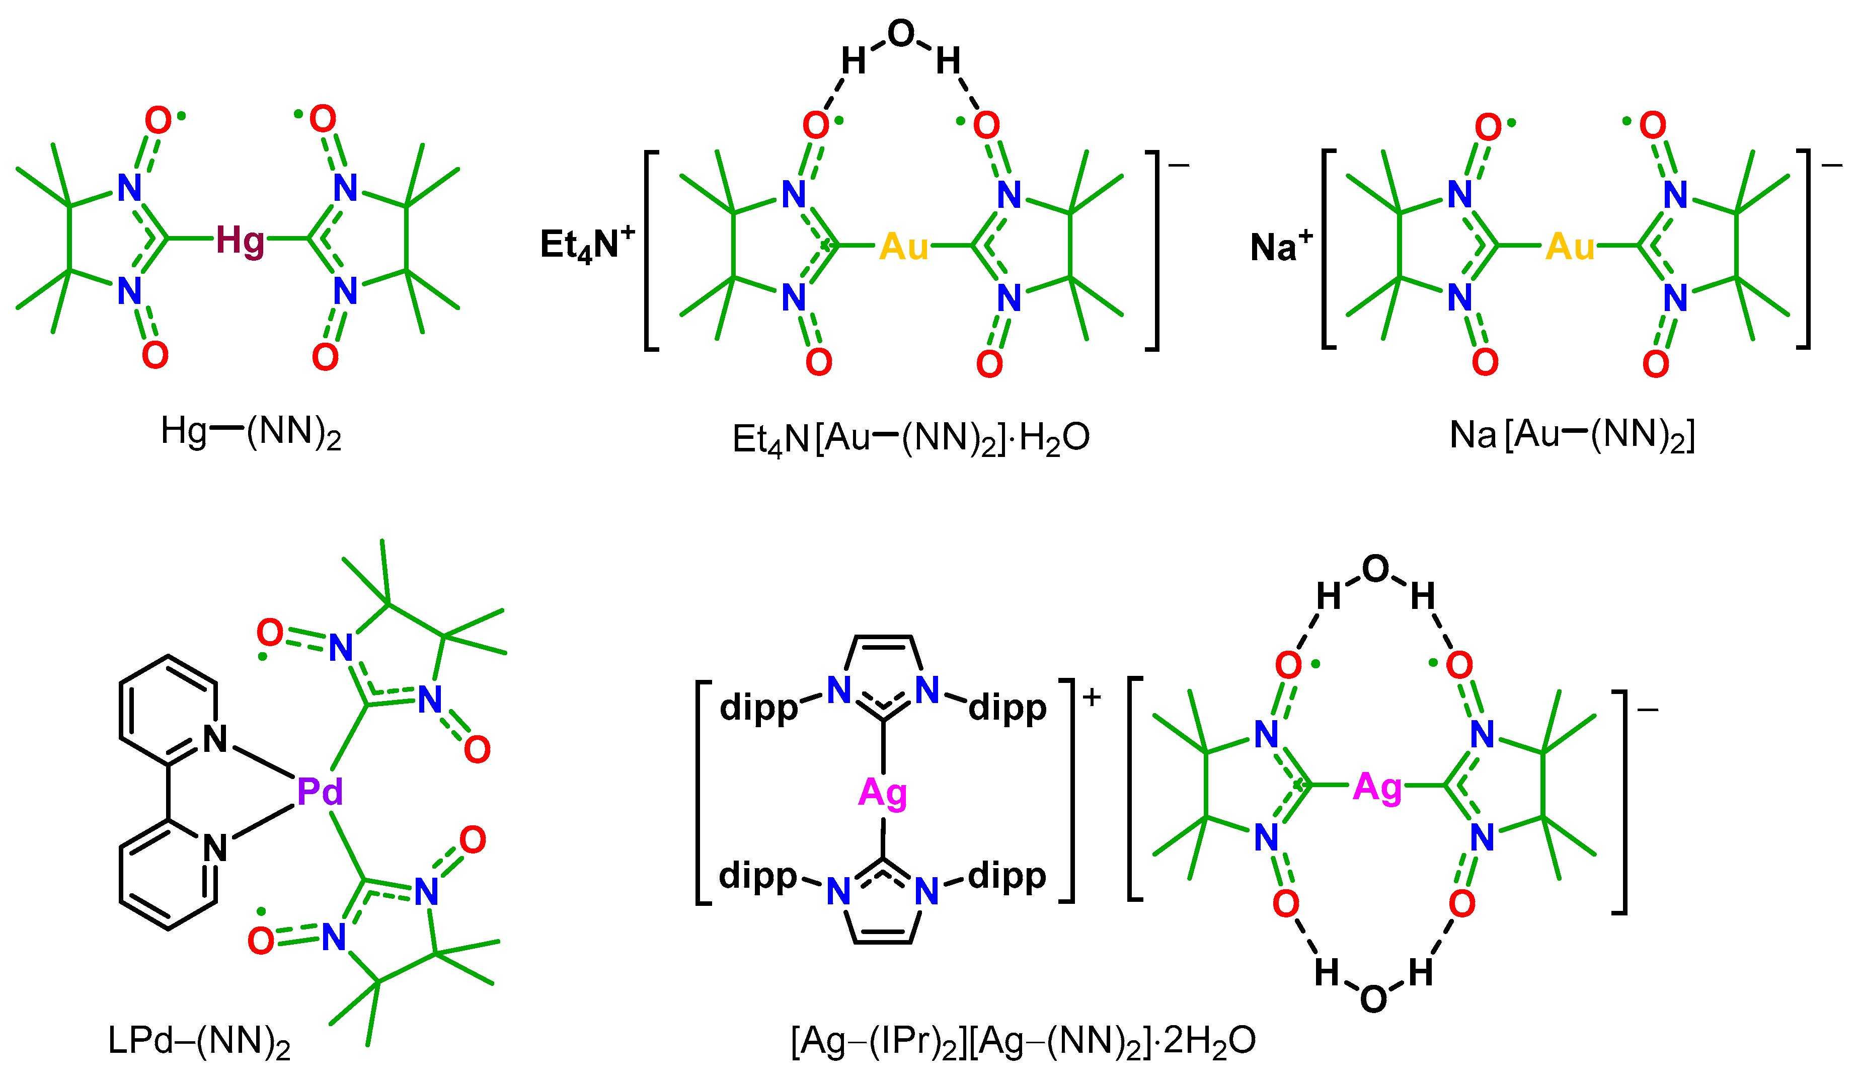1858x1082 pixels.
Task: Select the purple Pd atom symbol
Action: point(320,792)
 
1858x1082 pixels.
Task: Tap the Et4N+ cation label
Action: point(587,244)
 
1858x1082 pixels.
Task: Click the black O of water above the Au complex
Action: point(901,33)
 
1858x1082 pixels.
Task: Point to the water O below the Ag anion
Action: point(1373,1000)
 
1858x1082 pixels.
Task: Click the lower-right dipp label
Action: point(1007,876)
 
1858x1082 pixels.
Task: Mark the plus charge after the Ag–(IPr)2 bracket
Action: point(1092,697)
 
